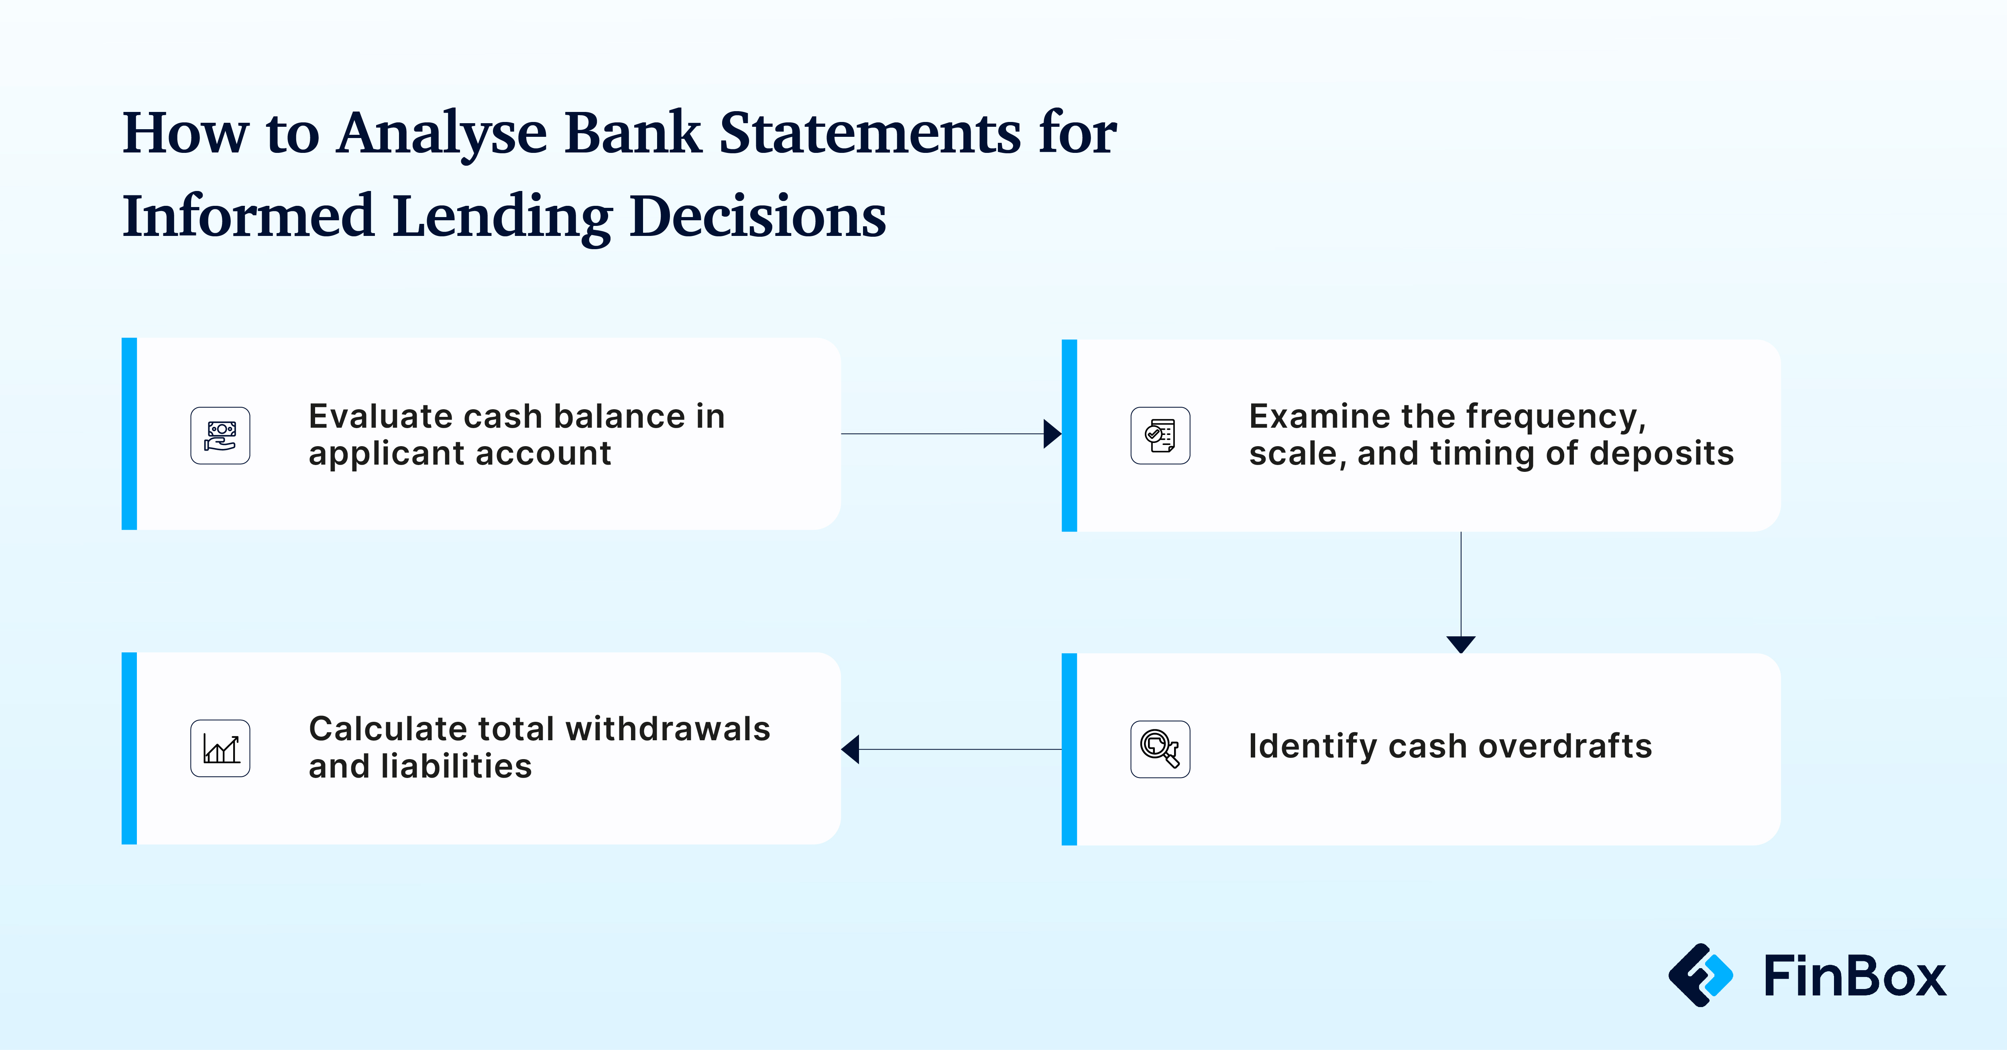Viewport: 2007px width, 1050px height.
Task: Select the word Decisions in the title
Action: pos(757,217)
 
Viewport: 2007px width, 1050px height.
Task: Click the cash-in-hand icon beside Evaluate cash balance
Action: pos(220,435)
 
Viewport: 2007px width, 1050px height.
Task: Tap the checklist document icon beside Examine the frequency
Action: pos(1160,435)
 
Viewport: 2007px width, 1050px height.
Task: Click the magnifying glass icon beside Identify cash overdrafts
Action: pos(1160,749)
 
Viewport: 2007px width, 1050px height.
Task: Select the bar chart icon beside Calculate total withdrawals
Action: pos(220,749)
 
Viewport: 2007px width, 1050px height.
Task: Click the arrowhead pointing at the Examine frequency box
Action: pos(1052,434)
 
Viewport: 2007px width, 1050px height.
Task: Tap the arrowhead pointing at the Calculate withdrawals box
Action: pos(851,749)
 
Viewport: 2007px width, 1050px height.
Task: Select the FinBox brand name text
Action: pos(1854,977)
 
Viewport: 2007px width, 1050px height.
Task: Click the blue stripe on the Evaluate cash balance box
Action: pos(129,434)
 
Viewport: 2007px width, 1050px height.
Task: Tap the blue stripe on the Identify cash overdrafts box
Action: pos(1069,749)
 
